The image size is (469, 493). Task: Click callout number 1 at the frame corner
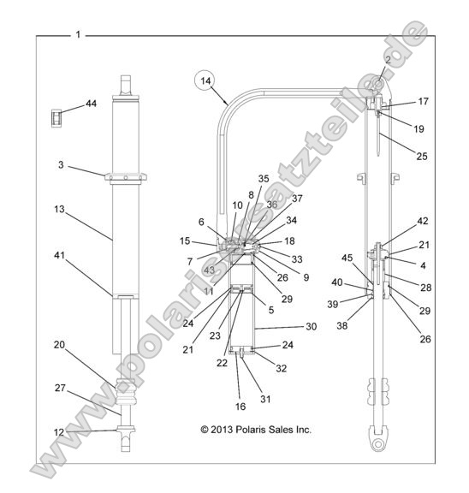pos(79,36)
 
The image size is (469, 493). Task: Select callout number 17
pos(423,101)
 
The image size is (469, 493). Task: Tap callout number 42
pos(424,220)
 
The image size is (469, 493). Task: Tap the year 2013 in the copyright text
pos(220,429)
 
